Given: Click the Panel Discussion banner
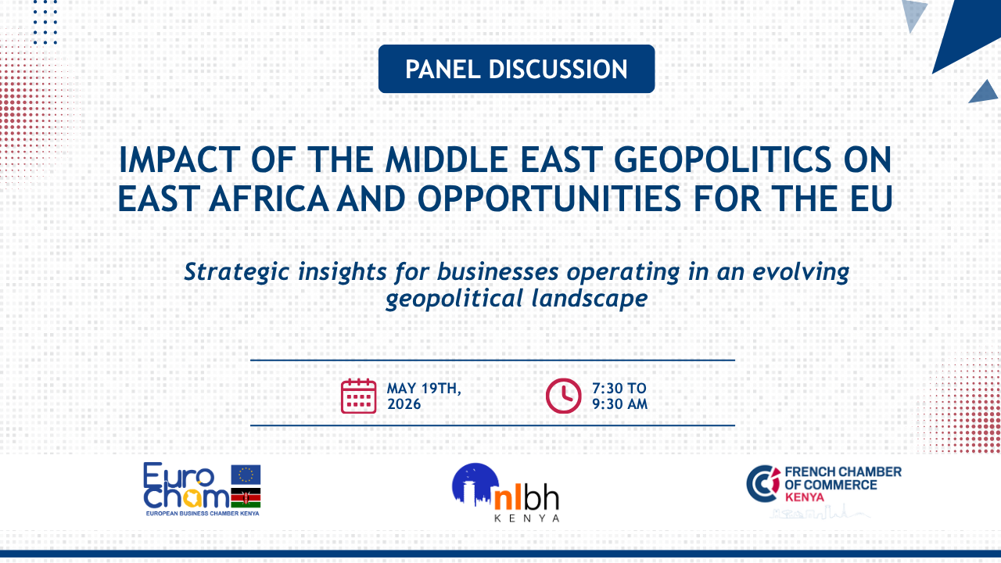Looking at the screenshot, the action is [516, 69].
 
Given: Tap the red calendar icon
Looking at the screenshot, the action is [358, 396].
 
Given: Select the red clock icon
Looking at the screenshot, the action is [563, 396].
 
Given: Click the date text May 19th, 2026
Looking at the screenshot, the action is [424, 396].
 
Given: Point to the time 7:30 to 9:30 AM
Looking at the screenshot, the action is [619, 396].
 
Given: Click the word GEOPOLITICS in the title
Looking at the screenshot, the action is [723, 160].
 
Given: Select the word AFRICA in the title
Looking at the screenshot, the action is [268, 199].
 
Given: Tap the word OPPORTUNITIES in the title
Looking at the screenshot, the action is [549, 199].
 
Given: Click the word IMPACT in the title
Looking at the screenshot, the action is [180, 160].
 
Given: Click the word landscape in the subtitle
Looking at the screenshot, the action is [590, 299].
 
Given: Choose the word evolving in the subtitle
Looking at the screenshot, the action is [801, 272].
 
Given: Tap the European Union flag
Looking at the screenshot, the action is [246, 475].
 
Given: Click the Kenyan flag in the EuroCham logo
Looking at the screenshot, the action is [246, 498].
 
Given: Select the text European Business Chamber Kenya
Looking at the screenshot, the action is [203, 514].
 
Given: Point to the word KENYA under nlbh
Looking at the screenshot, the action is [527, 518].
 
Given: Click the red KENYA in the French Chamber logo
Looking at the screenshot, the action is [805, 497].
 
